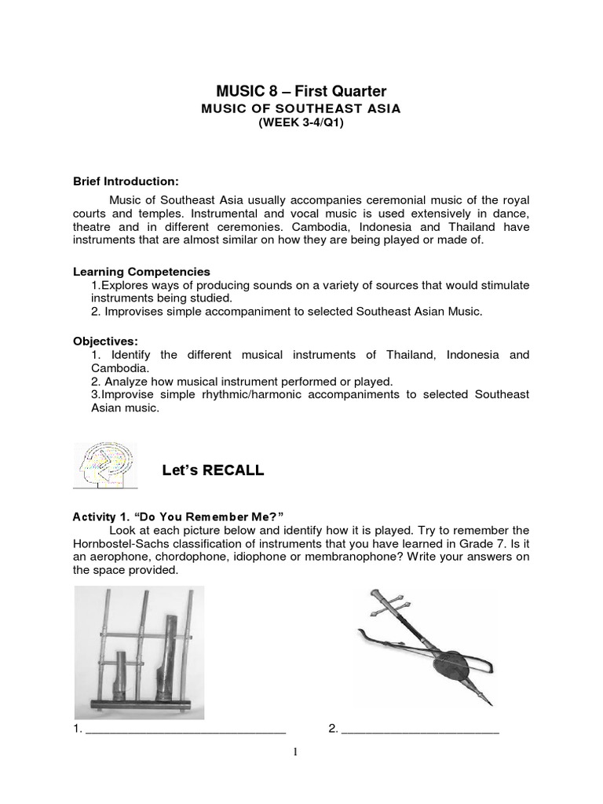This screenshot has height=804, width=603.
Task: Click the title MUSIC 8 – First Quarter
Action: pyautogui.click(x=301, y=91)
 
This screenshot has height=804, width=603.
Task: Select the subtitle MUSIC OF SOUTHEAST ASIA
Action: pyautogui.click(x=301, y=109)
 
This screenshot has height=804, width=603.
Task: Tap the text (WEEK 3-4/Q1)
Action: pyautogui.click(x=301, y=124)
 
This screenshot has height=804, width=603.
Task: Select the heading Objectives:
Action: pyautogui.click(x=105, y=342)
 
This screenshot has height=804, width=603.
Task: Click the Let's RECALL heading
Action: pyautogui.click(x=213, y=471)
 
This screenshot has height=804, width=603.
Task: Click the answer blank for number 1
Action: pyautogui.click(x=185, y=729)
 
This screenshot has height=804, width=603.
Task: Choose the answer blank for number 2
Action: pyautogui.click(x=420, y=729)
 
